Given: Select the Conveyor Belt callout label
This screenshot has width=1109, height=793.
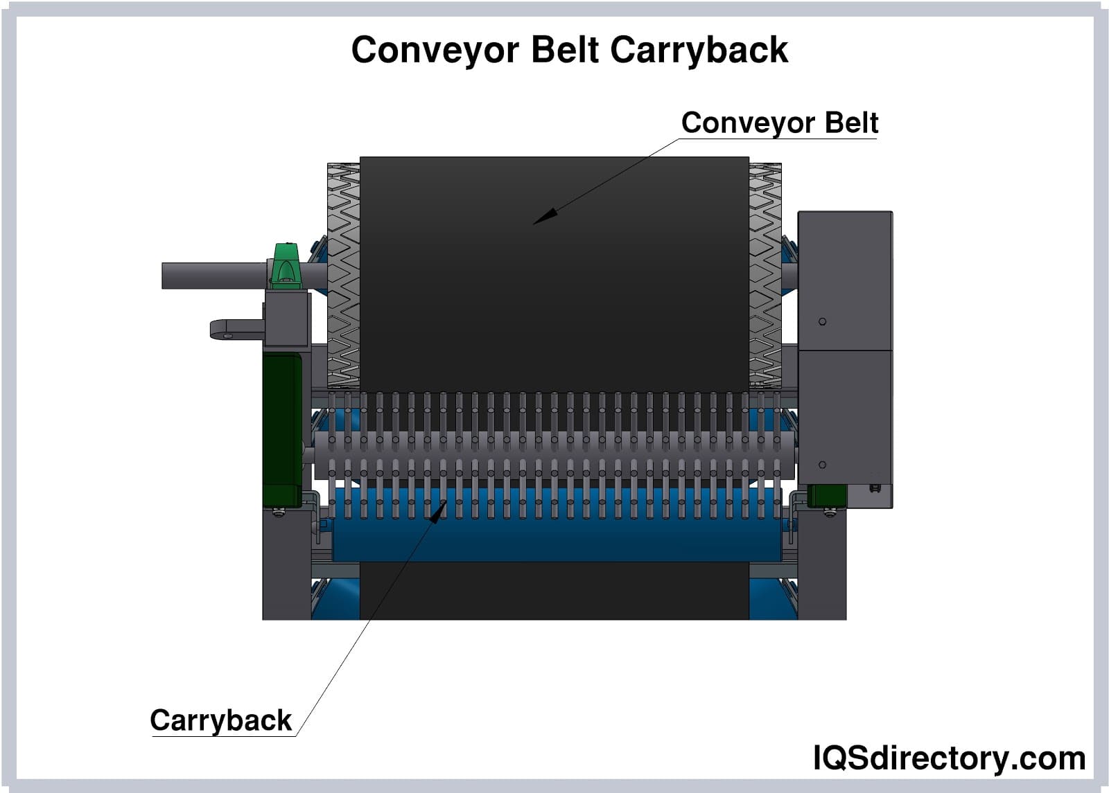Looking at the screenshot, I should (779, 123).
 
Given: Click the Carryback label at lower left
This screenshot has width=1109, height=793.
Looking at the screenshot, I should (220, 720).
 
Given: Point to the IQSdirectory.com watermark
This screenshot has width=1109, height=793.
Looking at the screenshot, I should (949, 758).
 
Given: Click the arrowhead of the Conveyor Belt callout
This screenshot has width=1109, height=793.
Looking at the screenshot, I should (545, 217).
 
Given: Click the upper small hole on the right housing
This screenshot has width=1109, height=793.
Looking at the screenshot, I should (822, 321).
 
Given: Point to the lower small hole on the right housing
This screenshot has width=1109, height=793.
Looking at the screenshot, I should (822, 465).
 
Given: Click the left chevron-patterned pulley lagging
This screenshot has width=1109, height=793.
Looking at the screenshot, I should (343, 277).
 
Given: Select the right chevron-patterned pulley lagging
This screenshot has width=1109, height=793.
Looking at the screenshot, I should (765, 277).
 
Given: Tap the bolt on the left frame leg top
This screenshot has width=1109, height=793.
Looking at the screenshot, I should (279, 513).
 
